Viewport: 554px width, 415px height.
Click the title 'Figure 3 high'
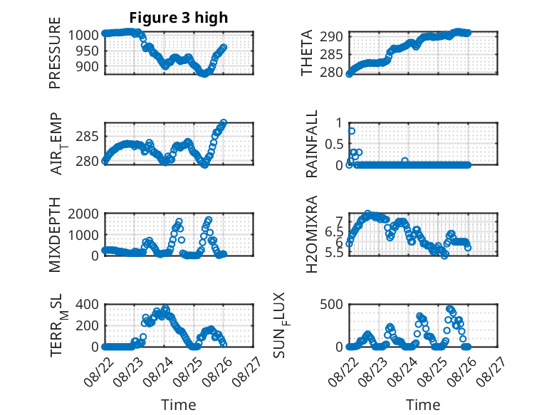pyautogui.click(x=179, y=18)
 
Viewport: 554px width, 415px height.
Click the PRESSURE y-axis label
pyautogui.click(x=55, y=53)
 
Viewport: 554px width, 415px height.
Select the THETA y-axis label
pyautogui.click(x=307, y=53)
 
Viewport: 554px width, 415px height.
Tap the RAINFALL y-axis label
pyautogui.click(x=312, y=144)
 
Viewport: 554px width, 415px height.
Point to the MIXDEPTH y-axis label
pyautogui.click(x=55, y=235)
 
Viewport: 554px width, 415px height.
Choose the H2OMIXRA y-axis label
pyautogui.click(x=312, y=234)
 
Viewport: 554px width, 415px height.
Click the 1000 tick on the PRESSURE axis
pyautogui.click(x=83, y=36)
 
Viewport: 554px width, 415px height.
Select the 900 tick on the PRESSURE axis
pyautogui.click(x=87, y=66)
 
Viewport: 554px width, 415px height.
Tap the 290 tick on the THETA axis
pyautogui.click(x=331, y=36)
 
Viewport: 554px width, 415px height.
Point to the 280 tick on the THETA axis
pyautogui.click(x=331, y=72)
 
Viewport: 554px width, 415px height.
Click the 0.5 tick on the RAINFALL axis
pyautogui.click(x=334, y=144)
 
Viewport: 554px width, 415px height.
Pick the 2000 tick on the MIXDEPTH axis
pyautogui.click(x=83, y=214)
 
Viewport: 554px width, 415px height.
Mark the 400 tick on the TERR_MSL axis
pyautogui.click(x=87, y=305)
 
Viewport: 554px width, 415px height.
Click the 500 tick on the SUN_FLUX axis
pyautogui.click(x=331, y=305)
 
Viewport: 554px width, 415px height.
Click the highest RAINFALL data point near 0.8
pyautogui.click(x=352, y=131)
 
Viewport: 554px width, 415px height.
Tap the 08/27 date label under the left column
pyautogui.click(x=248, y=371)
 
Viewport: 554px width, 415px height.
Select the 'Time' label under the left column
pyautogui.click(x=179, y=405)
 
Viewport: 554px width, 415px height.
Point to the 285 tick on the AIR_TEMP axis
pyautogui.click(x=87, y=137)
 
